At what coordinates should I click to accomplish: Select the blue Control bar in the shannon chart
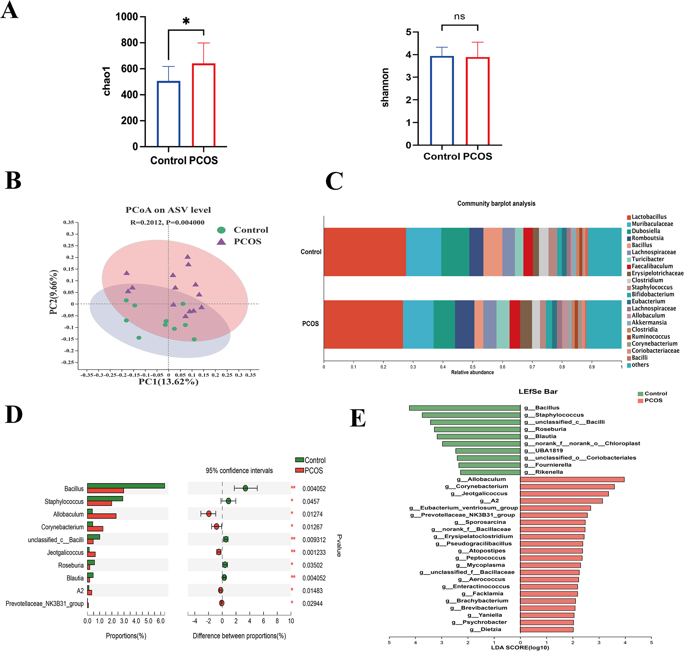point(442,101)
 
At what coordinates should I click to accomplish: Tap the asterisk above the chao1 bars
point(186,22)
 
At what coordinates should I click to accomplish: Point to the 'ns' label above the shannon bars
point(459,17)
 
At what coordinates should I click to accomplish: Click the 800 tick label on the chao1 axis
point(129,43)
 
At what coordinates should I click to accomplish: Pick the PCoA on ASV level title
point(168,210)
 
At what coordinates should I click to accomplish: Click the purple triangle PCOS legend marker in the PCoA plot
point(221,242)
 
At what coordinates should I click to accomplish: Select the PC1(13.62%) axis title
point(169,382)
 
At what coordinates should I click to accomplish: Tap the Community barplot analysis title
point(496,204)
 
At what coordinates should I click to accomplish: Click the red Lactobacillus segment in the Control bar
point(365,252)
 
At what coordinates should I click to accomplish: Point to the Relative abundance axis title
point(472,372)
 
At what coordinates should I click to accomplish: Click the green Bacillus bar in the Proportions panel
point(126,486)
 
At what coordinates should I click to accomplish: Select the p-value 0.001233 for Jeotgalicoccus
point(314,553)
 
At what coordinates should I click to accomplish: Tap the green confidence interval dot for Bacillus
point(245,488)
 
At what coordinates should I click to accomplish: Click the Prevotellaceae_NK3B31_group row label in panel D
point(45,604)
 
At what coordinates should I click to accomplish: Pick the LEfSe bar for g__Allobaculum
point(572,479)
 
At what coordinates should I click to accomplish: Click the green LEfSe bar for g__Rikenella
point(490,472)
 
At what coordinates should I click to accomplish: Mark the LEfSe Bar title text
point(538,392)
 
